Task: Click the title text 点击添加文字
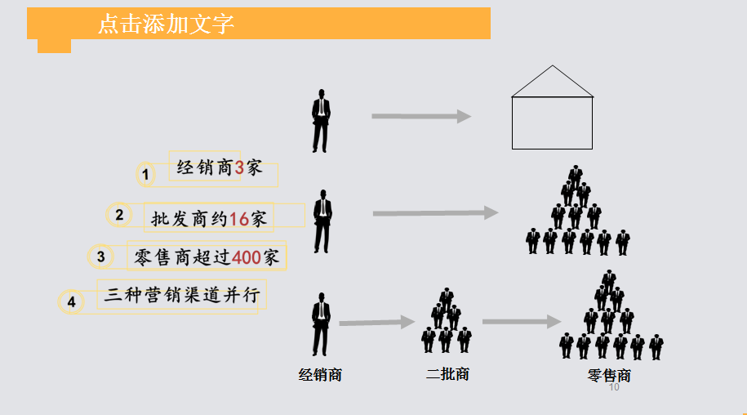[x=166, y=24]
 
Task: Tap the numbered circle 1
[x=145, y=174]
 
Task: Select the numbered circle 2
[x=119, y=216]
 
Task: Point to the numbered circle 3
[x=100, y=257]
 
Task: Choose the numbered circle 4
[x=71, y=302]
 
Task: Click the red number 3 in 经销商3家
[x=239, y=168]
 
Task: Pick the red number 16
[x=238, y=218]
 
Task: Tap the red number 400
[x=247, y=258]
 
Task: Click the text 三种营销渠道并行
[x=185, y=294]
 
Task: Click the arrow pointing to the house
[x=421, y=117]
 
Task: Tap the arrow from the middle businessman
[x=435, y=213]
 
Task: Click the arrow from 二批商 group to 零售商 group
[x=521, y=322]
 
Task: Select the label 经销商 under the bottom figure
[x=320, y=376]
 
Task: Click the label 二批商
[x=447, y=374]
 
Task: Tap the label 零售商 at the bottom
[x=609, y=376]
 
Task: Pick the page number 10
[x=614, y=387]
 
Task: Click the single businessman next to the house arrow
[x=321, y=120]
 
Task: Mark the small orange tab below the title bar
[x=54, y=46]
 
